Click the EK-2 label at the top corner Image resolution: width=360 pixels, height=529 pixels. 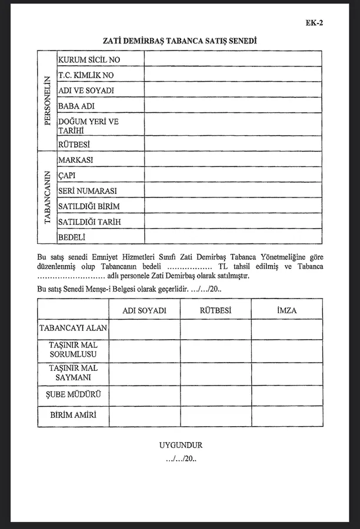coord(315,23)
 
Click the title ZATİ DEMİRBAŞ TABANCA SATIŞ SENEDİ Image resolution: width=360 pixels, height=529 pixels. coord(179,41)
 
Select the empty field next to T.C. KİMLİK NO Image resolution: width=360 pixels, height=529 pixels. coord(233,75)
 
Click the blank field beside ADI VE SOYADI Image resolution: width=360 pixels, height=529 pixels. coord(233,90)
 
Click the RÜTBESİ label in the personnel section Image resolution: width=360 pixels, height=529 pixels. coord(74,144)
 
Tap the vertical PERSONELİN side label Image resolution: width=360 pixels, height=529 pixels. coord(47,102)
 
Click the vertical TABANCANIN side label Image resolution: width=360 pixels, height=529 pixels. coord(47,199)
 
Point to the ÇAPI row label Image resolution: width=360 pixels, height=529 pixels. coord(68,175)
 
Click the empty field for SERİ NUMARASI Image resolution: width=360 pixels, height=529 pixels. coord(233,190)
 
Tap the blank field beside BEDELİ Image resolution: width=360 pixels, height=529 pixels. coord(233,236)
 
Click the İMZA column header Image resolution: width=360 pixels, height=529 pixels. coord(286,310)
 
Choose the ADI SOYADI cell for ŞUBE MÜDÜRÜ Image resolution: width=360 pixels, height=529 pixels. coord(145,394)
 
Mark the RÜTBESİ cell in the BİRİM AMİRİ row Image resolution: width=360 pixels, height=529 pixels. coord(215,416)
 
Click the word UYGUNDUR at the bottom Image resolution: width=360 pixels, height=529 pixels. coord(181,446)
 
